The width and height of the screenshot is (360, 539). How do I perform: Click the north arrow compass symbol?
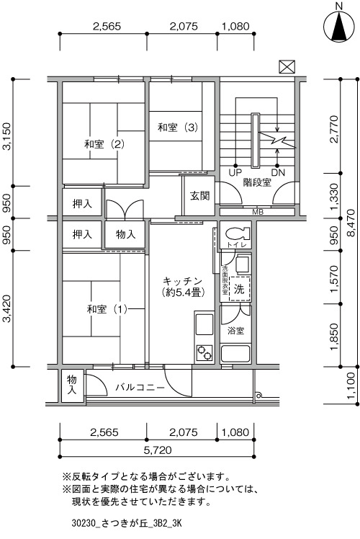click(339, 26)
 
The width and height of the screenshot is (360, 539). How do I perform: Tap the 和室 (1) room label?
click(107, 309)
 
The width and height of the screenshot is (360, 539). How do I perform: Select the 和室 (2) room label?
click(104, 144)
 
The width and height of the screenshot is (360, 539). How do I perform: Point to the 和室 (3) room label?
click(178, 128)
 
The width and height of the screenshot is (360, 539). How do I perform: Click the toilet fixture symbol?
click(238, 233)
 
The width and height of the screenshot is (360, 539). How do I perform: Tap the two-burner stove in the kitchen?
click(204, 353)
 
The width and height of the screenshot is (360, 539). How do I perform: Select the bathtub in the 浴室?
click(235, 354)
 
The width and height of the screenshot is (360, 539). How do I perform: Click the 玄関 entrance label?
click(199, 196)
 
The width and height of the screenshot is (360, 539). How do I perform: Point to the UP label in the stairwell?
click(235, 172)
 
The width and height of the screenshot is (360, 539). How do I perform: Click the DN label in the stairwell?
click(278, 172)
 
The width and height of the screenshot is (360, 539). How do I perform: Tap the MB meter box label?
click(258, 212)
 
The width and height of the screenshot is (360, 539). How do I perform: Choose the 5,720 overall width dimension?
click(158, 450)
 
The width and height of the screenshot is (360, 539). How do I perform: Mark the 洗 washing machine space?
click(240, 289)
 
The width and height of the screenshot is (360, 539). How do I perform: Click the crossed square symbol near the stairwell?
click(287, 67)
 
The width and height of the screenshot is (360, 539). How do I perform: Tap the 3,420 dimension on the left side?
click(6, 308)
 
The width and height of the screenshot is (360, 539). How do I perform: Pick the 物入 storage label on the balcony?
click(72, 385)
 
